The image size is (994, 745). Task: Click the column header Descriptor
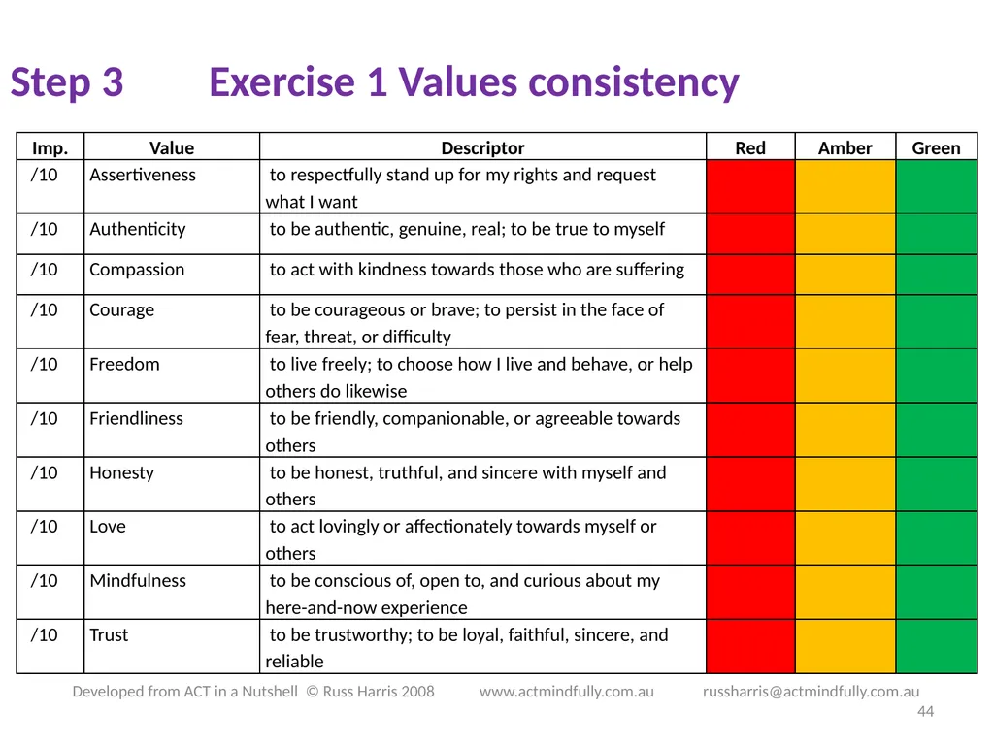(x=482, y=148)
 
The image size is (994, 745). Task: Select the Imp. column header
(x=50, y=148)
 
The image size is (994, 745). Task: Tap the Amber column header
(x=845, y=148)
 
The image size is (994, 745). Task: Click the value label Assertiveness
(x=143, y=175)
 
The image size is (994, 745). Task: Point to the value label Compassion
(x=137, y=270)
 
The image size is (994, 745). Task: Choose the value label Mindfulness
(x=138, y=580)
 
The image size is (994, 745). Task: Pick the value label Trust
(x=109, y=634)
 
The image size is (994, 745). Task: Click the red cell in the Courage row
(x=750, y=322)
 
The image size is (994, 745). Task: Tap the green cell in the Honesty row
(x=937, y=484)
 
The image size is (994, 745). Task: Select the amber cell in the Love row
(x=845, y=537)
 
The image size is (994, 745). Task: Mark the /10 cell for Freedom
(x=45, y=365)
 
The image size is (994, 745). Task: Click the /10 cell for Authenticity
(x=45, y=229)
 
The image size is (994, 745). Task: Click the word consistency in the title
(x=633, y=82)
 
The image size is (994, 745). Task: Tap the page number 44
(x=925, y=711)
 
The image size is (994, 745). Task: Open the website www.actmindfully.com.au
(x=566, y=691)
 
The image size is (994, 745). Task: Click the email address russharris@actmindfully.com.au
(x=811, y=691)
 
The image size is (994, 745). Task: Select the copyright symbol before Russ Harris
(x=312, y=691)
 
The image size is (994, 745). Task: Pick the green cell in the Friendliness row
(x=937, y=430)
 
